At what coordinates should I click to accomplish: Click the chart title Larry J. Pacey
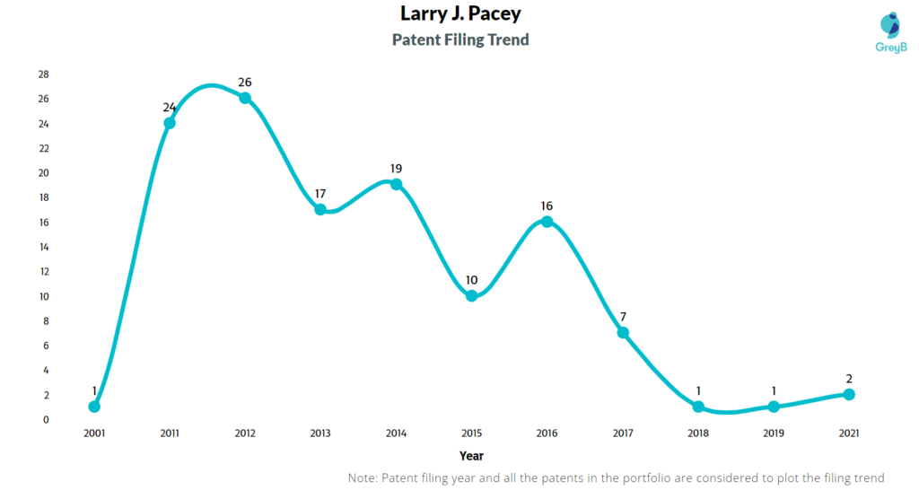click(x=459, y=13)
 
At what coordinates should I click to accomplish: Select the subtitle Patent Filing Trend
click(x=459, y=39)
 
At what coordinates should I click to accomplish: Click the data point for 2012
click(x=245, y=98)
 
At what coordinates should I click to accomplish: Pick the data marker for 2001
click(x=94, y=407)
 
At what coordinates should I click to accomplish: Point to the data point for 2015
click(x=471, y=295)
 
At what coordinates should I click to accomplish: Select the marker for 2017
click(x=622, y=333)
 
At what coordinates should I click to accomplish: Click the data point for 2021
click(x=849, y=394)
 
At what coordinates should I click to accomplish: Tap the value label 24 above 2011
click(x=170, y=108)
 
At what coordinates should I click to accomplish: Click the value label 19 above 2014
click(x=396, y=169)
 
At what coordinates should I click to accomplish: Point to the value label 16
click(x=547, y=206)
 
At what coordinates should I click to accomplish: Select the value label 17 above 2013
click(x=320, y=194)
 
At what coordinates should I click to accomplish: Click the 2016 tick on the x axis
click(x=547, y=433)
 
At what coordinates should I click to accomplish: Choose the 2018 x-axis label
click(x=697, y=433)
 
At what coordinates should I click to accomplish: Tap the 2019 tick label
click(x=773, y=433)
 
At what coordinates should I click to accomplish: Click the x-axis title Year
click(x=471, y=456)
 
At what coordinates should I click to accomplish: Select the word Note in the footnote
click(x=363, y=477)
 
